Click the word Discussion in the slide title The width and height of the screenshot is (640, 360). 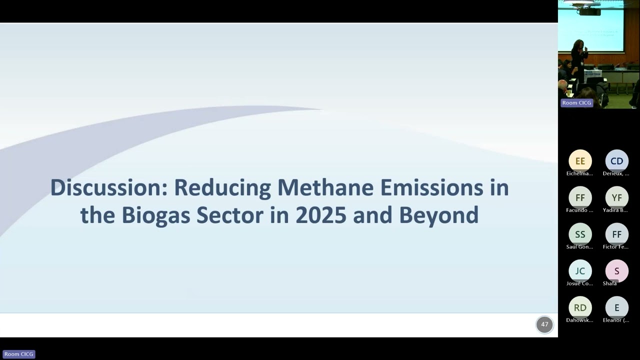tap(107, 188)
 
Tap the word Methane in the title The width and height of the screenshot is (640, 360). tap(325, 188)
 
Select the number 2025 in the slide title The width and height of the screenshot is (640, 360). tap(320, 215)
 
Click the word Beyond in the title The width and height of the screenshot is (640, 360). tap(438, 215)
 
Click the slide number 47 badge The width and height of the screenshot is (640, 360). tap(544, 324)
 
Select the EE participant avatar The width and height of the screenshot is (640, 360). tap(580, 161)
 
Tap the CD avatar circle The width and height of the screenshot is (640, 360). tap(616, 161)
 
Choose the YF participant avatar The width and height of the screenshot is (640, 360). tap(616, 197)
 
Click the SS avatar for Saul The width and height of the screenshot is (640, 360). tap(580, 234)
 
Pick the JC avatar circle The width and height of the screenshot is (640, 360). tap(580, 270)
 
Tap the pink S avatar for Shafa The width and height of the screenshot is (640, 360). tap(616, 270)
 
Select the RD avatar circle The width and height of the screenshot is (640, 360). tap(580, 307)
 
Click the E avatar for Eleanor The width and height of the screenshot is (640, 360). tap(616, 307)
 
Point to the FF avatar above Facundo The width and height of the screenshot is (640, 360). tap(580, 197)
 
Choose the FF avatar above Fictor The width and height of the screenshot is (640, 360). tap(616, 234)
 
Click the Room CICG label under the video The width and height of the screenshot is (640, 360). tap(576, 103)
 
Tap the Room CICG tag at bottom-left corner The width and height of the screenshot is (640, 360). tap(19, 354)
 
